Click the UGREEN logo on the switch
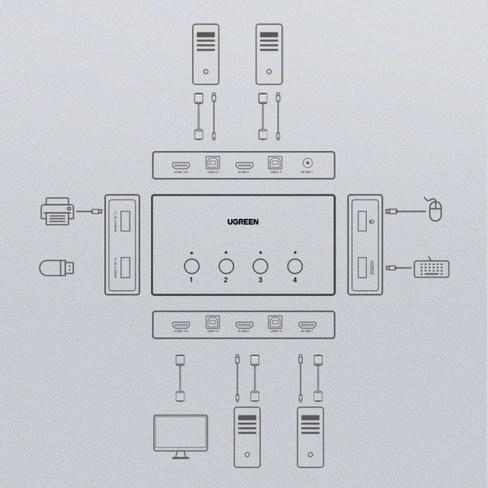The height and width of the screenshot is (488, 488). [x=243, y=222]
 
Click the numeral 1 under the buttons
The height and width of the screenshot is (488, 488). [x=192, y=281]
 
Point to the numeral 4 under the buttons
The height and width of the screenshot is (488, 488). [x=295, y=281]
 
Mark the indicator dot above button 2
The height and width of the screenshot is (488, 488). [x=226, y=252]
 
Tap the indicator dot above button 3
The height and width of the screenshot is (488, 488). [x=261, y=252]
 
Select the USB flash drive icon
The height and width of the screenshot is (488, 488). [x=57, y=268]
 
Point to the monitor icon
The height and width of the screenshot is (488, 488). [x=181, y=435]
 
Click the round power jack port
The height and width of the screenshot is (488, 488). [x=308, y=162]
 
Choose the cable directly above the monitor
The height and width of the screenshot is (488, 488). [x=181, y=377]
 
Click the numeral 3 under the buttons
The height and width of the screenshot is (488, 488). [x=261, y=281]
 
